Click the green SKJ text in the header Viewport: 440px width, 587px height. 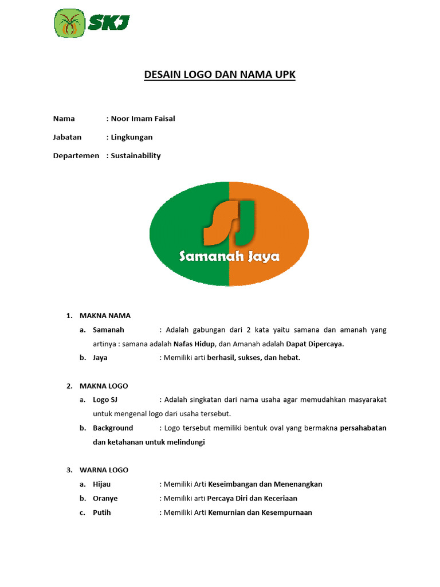(109, 24)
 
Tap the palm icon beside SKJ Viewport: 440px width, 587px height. (69, 24)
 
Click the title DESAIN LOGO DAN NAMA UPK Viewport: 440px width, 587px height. (219, 75)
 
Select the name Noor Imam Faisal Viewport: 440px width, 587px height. (143, 119)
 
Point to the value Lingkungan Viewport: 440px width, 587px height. (132, 137)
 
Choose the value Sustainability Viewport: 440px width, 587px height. (136, 155)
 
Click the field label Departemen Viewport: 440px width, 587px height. (76, 155)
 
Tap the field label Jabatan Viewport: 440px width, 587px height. (68, 137)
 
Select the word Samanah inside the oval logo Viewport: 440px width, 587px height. (207, 256)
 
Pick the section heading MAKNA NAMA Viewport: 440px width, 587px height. (105, 315)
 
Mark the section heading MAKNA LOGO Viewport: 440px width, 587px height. (104, 386)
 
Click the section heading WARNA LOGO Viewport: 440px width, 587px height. (104, 469)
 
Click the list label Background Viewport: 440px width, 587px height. (113, 428)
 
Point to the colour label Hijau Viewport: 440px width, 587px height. (101, 484)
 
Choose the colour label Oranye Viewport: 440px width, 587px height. (105, 498)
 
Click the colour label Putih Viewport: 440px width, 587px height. (101, 512)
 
